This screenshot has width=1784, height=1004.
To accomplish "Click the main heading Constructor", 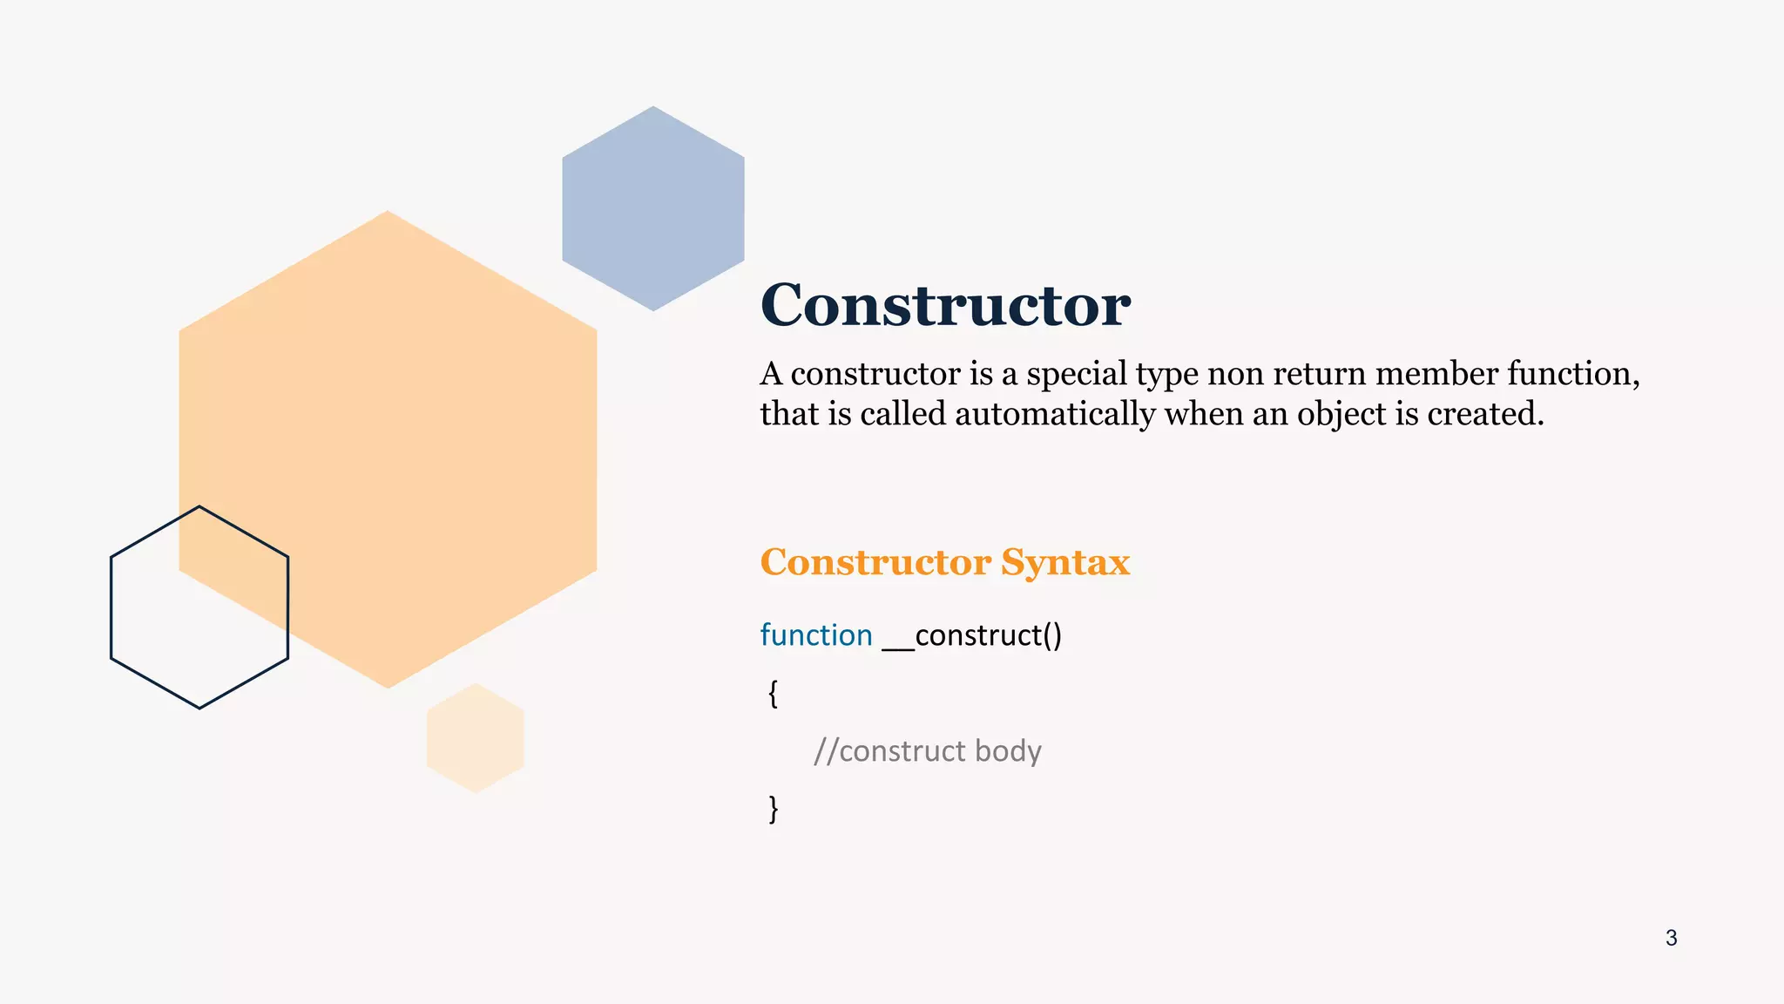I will (x=945, y=305).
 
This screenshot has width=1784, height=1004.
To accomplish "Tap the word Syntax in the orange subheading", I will (x=1064, y=563).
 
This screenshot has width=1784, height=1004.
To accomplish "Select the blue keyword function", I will (x=816, y=635).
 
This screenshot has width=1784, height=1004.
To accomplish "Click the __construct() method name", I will (x=972, y=636).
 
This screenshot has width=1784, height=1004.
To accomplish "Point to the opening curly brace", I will (x=773, y=694).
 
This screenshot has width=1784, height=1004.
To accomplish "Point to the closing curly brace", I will (x=773, y=809).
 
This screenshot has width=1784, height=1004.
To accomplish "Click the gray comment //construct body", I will (x=927, y=751).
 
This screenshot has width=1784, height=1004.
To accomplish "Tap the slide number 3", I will (x=1671, y=938).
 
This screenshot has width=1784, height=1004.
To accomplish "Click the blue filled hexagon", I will (x=653, y=208).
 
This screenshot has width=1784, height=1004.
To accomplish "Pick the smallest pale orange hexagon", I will (x=476, y=738).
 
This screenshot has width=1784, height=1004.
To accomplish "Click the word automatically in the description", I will (x=1055, y=414).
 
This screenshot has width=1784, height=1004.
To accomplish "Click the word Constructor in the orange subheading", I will (x=875, y=562).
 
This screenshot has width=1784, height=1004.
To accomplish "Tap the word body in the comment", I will (x=1008, y=751).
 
